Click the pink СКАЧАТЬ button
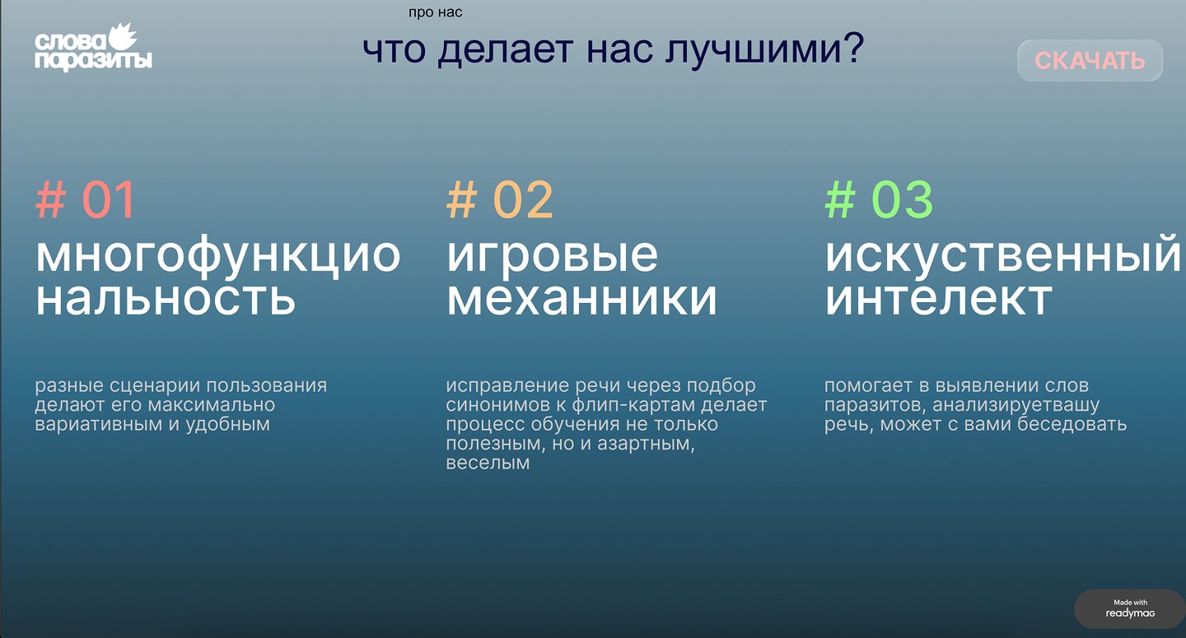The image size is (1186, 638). [1090, 61]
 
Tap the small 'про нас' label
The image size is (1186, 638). [435, 12]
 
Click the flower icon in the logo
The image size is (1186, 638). [123, 36]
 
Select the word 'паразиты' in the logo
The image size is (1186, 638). [94, 61]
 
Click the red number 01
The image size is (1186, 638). [109, 199]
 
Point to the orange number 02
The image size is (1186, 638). [523, 199]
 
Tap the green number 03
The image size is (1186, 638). [902, 199]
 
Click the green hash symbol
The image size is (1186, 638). [840, 199]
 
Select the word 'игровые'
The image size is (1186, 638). [552, 256]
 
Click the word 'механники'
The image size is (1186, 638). [581, 299]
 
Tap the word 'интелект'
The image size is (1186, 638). [939, 299]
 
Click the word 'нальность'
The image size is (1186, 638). [166, 299]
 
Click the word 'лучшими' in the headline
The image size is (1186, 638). [753, 49]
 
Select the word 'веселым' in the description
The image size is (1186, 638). [488, 463]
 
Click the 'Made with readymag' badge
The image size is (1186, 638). [1129, 608]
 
